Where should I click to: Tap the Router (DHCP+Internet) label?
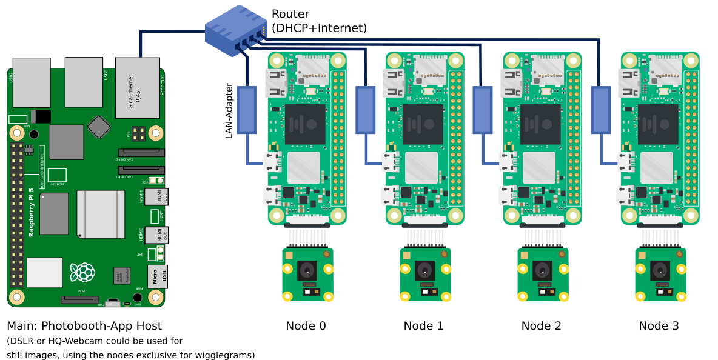coord(319,21)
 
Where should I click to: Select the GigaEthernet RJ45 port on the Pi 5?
coord(138,88)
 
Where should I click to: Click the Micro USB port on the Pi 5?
coord(158,277)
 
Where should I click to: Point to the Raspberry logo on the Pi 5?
coord(82,272)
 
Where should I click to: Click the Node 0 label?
coord(306,326)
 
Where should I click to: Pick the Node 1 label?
coord(423,326)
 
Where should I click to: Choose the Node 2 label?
coord(541,326)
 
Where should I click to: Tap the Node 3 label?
coord(659,326)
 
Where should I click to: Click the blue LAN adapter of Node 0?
coord(247,110)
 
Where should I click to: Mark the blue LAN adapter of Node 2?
coord(482,110)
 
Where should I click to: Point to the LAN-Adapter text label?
coord(229,111)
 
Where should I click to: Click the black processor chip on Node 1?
coord(423,124)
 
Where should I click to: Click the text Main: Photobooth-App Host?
coord(84,326)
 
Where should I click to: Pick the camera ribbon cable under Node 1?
coord(424,236)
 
